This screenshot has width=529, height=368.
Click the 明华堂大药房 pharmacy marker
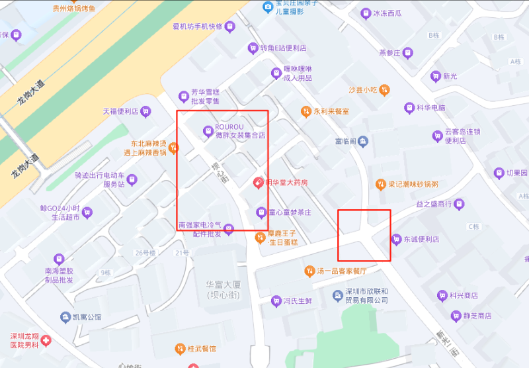258,183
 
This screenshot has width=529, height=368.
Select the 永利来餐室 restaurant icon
305,111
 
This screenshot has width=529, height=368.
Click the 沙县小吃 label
362,89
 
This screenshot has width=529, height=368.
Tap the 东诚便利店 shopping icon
396,239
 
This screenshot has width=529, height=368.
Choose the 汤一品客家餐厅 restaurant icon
309,271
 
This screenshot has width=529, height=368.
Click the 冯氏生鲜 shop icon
276,301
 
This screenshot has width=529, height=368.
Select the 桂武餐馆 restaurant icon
179,348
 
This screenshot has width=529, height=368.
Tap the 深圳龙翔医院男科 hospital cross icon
46,340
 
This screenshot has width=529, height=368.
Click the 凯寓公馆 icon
65,317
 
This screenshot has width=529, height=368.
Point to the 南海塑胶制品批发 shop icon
58,260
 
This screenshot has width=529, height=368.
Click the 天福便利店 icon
145,112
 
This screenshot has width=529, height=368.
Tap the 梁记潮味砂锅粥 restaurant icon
380,184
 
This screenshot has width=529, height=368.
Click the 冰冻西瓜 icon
366,13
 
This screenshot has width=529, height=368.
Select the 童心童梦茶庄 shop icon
261,212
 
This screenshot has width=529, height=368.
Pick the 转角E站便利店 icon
252,48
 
